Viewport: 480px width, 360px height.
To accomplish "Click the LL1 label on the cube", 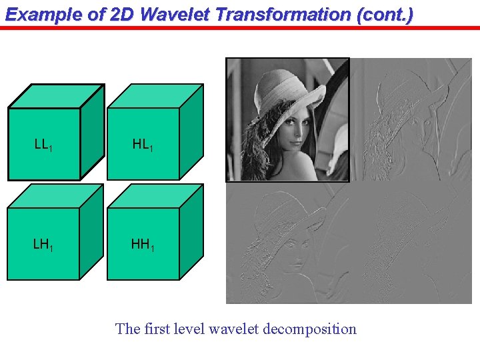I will tap(43, 144).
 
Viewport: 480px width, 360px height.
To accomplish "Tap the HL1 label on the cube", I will tap(143, 144).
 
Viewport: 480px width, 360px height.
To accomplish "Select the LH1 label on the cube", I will tap(43, 245).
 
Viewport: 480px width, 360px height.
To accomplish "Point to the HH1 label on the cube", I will tap(143, 245).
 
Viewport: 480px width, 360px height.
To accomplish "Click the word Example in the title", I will tap(36, 14).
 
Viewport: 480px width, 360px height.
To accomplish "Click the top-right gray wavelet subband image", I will tap(410, 119).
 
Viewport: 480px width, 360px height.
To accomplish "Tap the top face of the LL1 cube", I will tap(55, 96).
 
